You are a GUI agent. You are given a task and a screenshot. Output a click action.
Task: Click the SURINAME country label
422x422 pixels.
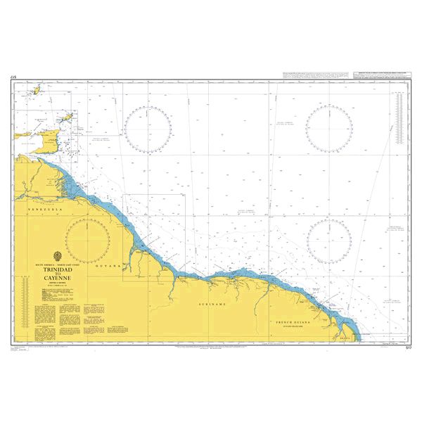(212, 304)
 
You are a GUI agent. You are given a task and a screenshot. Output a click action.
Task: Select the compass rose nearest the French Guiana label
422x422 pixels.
(329, 241)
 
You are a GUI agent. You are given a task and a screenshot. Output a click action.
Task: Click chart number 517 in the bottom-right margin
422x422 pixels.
(408, 347)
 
